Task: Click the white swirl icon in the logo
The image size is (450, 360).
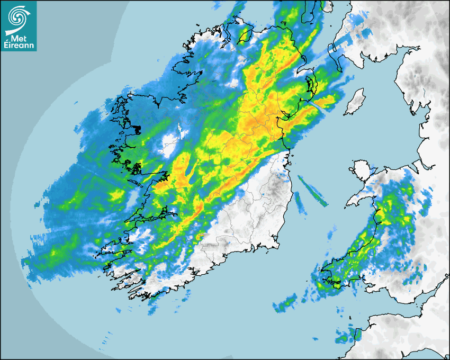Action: click(x=19, y=17)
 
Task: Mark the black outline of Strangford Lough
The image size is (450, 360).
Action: click(x=311, y=85)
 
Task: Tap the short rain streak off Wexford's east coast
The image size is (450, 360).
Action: click(x=300, y=203)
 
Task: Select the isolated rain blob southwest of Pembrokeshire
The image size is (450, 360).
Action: click(x=285, y=303)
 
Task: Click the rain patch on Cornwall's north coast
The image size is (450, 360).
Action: click(x=347, y=335)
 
